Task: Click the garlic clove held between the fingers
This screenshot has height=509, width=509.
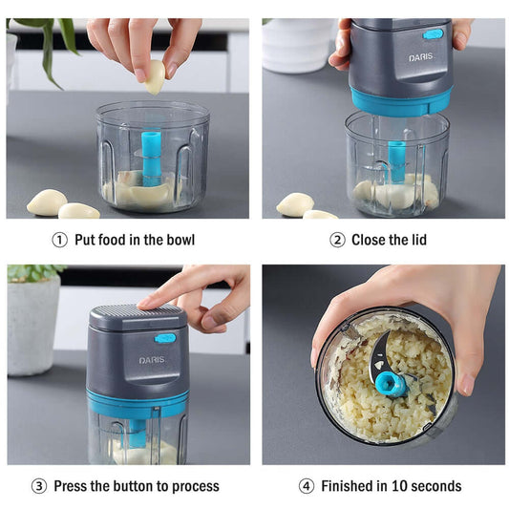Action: [154, 77]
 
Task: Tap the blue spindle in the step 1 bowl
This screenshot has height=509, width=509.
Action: [150, 157]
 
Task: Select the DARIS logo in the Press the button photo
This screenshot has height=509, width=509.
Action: [153, 360]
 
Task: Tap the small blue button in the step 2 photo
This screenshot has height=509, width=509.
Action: [434, 34]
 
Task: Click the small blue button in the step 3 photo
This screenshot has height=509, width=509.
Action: [165, 337]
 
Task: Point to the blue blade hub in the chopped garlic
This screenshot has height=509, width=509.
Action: [389, 384]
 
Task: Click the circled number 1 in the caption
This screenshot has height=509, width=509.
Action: [59, 240]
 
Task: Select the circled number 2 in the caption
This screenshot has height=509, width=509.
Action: [337, 240]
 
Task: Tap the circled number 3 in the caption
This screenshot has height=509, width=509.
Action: [38, 486]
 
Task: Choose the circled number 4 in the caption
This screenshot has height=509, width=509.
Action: [306, 486]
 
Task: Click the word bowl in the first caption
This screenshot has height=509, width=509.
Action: [177, 240]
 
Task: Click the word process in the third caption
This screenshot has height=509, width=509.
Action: [194, 486]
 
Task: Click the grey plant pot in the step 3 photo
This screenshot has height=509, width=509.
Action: [33, 324]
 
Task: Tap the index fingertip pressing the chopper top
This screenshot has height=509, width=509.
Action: [144, 304]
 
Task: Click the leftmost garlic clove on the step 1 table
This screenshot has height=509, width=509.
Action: [47, 201]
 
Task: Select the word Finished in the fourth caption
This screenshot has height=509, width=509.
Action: [350, 486]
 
